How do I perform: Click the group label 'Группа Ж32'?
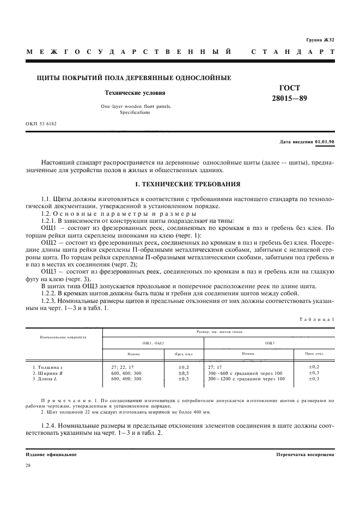click(320, 40)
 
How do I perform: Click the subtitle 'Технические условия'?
click(135, 93)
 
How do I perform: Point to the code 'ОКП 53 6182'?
click(41, 124)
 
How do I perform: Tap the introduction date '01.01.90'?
click(325, 142)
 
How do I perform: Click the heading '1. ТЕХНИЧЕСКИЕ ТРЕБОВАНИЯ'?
click(180, 184)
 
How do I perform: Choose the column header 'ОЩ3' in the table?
click(270, 343)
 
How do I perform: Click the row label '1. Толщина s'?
click(48, 367)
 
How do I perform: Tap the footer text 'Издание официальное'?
click(51, 454)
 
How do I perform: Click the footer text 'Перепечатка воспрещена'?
click(305, 454)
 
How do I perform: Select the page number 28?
click(29, 465)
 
